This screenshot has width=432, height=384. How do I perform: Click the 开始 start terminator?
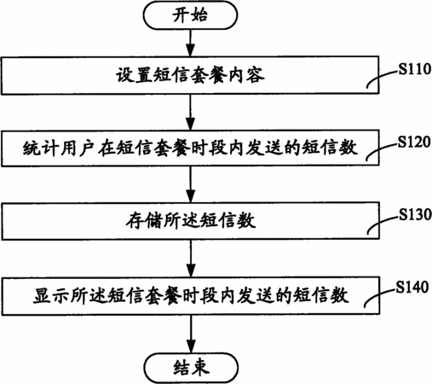[x=190, y=15]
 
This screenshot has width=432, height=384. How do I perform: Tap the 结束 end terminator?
[x=191, y=368]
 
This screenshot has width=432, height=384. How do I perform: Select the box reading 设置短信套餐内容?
[x=190, y=75]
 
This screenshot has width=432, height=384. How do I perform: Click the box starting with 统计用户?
[x=190, y=148]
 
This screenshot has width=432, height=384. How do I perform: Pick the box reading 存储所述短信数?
[x=190, y=221]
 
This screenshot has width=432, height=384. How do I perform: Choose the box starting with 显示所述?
[x=190, y=295]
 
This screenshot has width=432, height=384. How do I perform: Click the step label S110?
[x=415, y=69]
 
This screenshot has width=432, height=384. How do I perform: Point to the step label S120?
[x=414, y=142]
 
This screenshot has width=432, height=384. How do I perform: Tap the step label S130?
[x=415, y=214]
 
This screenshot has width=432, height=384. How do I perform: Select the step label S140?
[x=412, y=288]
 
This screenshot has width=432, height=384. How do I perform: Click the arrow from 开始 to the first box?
[x=190, y=43]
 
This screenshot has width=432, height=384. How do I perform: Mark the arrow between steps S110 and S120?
[x=190, y=113]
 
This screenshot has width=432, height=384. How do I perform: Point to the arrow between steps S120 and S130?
[x=191, y=184]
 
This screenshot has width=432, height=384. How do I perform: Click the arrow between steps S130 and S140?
[x=191, y=259]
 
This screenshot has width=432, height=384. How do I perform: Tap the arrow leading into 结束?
[x=191, y=334]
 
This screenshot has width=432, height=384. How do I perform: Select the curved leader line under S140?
[x=379, y=296]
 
